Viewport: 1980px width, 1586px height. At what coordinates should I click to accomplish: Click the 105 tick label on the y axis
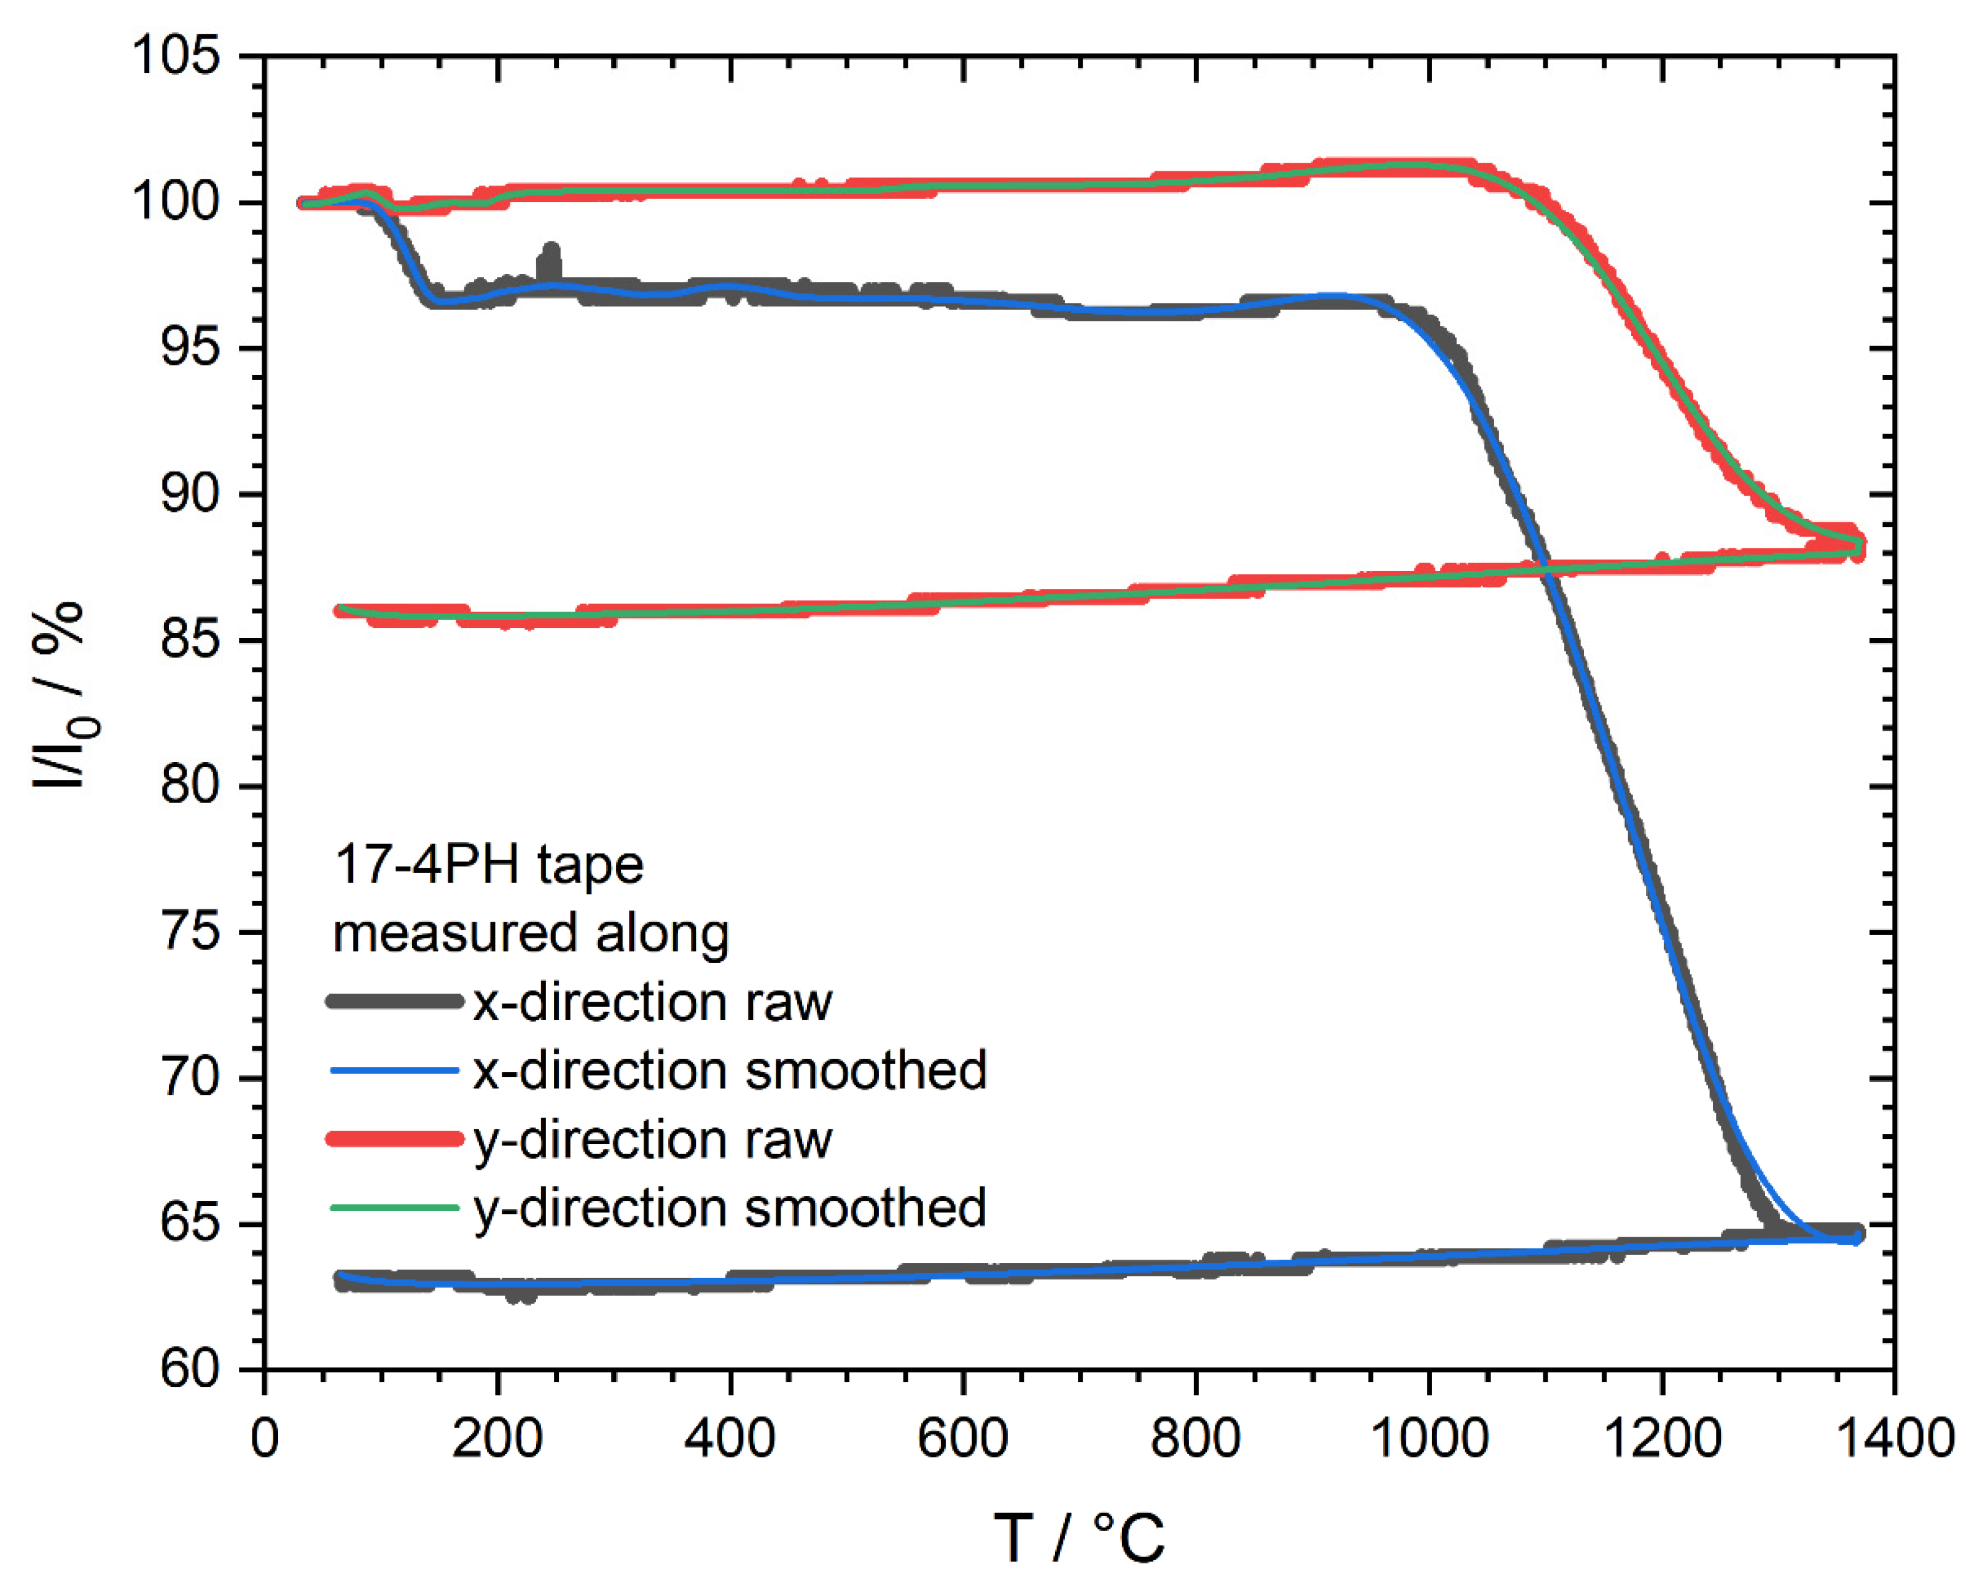pos(176,55)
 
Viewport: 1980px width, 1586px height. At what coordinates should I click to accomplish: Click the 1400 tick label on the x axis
pos(1893,1437)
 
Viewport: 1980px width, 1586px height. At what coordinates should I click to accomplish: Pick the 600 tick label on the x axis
pos(962,1437)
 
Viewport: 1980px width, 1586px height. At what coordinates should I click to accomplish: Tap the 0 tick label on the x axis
pos(265,1437)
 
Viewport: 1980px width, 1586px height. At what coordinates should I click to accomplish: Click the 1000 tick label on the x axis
pos(1428,1437)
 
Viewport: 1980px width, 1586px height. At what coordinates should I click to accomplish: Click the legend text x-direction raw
pos(652,1002)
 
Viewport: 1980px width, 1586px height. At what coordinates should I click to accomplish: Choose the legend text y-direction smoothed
pos(730,1207)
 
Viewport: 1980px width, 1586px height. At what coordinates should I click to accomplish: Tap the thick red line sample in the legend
pos(395,1139)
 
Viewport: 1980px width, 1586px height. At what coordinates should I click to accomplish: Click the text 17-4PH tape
pos(489,865)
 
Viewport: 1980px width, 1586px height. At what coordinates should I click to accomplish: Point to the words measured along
pos(531,934)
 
